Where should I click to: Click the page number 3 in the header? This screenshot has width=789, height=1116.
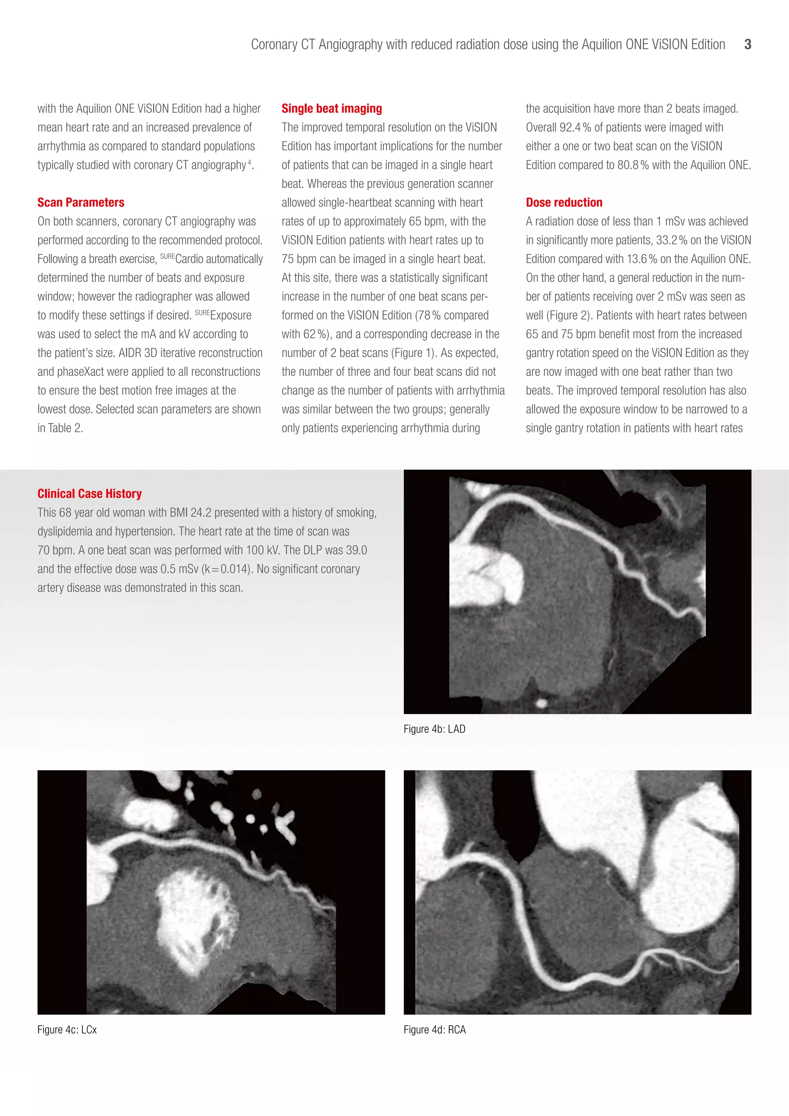[x=747, y=44]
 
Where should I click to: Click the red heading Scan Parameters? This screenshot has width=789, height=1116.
[x=81, y=202]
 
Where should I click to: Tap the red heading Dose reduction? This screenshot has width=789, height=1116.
[x=564, y=202]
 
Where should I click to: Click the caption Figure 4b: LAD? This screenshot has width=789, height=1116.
[x=434, y=729]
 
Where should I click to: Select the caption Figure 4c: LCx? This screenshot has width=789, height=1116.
[x=67, y=1029]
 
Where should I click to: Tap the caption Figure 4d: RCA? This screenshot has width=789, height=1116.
[x=434, y=1029]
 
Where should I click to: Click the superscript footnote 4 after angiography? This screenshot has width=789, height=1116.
[x=250, y=162]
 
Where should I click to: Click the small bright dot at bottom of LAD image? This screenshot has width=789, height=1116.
[x=540, y=703]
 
